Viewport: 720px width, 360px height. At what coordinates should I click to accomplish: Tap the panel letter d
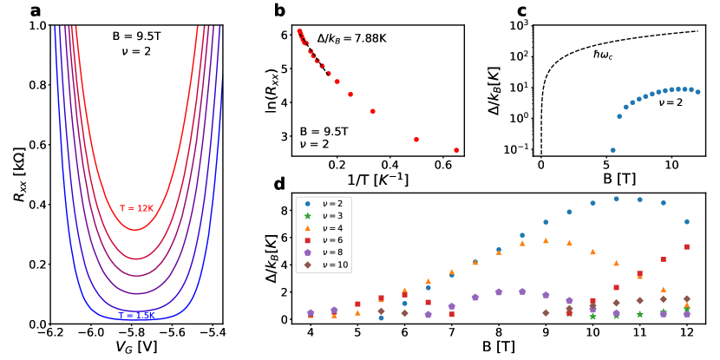tap(278, 185)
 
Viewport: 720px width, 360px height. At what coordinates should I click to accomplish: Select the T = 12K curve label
tap(135, 208)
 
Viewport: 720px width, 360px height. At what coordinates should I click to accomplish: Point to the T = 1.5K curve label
tap(135, 315)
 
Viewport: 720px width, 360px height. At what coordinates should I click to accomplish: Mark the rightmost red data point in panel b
tap(456, 150)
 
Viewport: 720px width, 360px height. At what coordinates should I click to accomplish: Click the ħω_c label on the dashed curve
tap(604, 54)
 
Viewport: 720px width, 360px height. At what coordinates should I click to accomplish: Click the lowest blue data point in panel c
tap(612, 150)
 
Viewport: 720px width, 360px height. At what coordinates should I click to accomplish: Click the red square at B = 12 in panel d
tap(686, 247)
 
